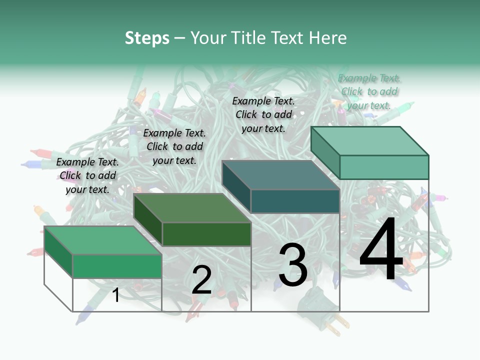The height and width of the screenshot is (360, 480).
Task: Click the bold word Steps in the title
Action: click(147, 38)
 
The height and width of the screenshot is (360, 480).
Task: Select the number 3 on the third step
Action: click(293, 265)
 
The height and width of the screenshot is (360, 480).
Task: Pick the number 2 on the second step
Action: click(201, 280)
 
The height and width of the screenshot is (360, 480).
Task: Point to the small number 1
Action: click(116, 295)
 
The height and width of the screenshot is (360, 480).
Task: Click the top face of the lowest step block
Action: click(102, 240)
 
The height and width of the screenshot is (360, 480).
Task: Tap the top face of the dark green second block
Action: click(191, 208)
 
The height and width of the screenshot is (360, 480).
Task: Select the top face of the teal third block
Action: click(280, 175)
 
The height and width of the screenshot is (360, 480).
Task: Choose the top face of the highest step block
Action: click(369, 141)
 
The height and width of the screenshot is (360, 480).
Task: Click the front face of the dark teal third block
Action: click(295, 201)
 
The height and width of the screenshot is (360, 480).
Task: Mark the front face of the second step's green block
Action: click(206, 234)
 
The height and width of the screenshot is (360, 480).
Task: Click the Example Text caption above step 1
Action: click(87, 175)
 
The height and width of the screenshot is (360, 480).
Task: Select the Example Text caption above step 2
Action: click(174, 146)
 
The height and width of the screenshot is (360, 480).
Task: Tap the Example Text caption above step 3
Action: click(263, 114)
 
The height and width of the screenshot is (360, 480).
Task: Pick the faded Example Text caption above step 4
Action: click(369, 91)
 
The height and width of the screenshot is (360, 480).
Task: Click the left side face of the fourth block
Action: click(325, 152)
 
